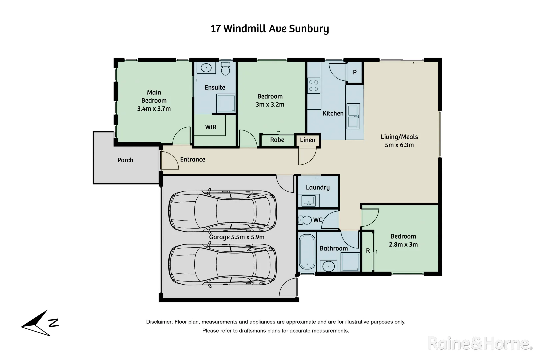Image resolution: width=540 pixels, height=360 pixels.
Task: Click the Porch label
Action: [125, 160]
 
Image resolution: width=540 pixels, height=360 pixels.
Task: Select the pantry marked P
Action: [355, 72]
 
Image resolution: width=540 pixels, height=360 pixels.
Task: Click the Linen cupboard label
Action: [307, 140]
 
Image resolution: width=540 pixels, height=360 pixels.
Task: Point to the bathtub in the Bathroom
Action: [307, 252]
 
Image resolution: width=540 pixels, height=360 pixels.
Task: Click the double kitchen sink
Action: [353, 116]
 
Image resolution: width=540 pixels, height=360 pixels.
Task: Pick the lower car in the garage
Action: [222, 264]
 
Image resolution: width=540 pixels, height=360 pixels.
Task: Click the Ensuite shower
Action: [226, 103]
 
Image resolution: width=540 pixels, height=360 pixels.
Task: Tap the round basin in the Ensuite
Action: [206, 68]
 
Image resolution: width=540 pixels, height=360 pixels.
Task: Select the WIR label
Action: [211, 127]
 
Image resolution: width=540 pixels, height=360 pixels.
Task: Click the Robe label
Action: [277, 140]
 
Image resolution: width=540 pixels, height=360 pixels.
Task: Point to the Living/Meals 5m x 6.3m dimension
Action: [399, 145]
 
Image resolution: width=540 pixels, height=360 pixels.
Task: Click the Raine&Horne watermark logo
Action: [479, 343]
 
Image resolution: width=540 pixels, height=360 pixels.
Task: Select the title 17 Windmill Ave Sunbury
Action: [270, 29]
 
